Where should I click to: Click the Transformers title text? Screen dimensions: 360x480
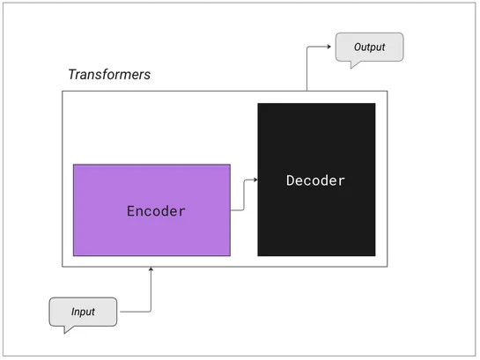[109, 74]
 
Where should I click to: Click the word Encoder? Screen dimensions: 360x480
[157, 211]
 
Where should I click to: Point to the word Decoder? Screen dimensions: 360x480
[316, 180]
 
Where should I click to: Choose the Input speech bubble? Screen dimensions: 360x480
[83, 312]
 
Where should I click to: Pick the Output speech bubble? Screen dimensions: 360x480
[369, 47]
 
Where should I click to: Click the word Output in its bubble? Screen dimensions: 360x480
[369, 47]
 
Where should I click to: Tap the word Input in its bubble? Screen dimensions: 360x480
[83, 312]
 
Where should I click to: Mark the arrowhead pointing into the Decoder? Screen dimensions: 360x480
[255, 180]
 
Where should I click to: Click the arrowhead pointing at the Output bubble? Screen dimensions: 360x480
[330, 47]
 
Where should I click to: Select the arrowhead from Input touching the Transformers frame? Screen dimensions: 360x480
[151, 268]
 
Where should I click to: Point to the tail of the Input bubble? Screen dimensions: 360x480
[67, 331]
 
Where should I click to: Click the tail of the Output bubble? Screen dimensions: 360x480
[353, 64]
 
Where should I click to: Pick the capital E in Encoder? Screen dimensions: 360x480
[131, 211]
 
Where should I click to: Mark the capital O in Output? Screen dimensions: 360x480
[358, 47]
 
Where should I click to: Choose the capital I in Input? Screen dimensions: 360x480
[73, 312]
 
